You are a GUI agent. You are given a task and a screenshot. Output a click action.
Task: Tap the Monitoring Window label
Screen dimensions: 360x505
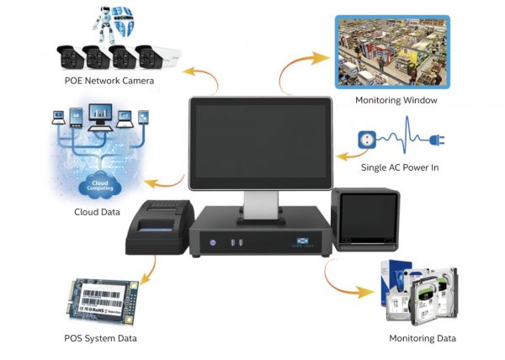[x=396, y=100]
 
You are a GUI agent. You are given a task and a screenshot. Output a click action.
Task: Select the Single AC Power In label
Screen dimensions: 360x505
[x=400, y=167]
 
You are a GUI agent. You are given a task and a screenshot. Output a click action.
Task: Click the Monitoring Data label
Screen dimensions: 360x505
[x=422, y=338]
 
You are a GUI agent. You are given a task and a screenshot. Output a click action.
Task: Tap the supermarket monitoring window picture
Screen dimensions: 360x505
[x=391, y=52]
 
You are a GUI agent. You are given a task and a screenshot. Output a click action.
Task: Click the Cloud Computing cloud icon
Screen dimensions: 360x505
[x=100, y=185]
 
